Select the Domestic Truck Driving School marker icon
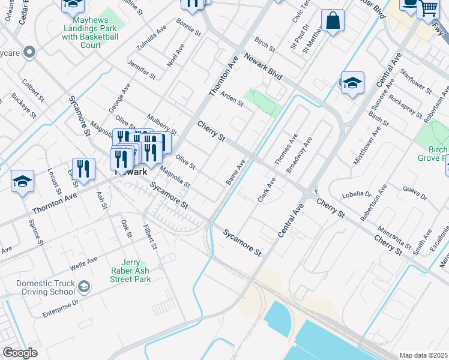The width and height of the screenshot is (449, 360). pos(84,287)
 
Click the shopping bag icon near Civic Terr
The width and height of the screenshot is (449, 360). pos(333,22)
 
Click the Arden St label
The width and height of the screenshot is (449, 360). pos(232,98)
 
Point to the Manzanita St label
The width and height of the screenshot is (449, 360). pos(394,238)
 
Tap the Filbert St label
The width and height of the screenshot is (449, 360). pos(150,237)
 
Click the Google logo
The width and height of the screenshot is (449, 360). pos(20,353)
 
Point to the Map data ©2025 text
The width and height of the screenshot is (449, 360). pos(424,355)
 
